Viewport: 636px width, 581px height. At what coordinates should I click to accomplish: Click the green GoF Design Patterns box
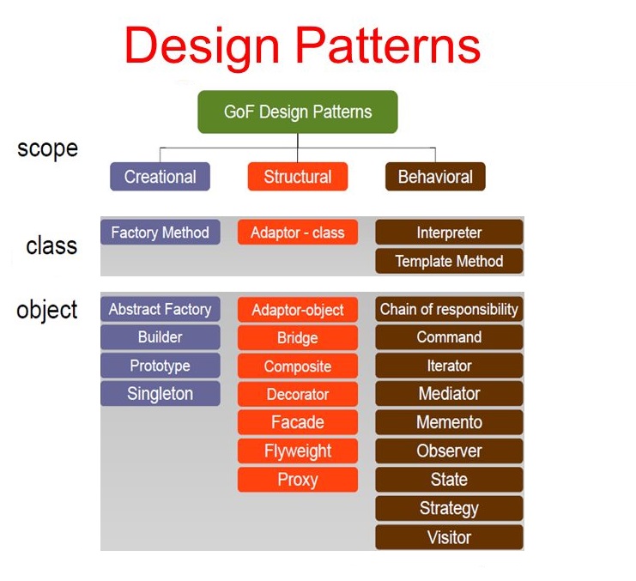pyautogui.click(x=298, y=112)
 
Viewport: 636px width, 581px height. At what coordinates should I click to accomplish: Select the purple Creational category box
pyautogui.click(x=160, y=177)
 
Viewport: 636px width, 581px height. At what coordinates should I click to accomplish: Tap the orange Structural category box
pyautogui.click(x=298, y=177)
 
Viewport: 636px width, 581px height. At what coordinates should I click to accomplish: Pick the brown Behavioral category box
pyautogui.click(x=435, y=177)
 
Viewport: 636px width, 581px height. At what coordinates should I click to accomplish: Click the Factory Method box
pyautogui.click(x=160, y=233)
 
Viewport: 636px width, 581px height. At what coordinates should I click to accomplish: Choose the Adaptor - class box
pyautogui.click(x=298, y=233)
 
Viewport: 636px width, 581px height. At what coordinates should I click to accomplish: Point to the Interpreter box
pyautogui.click(x=449, y=233)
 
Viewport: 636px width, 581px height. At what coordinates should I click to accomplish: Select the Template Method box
pyautogui.click(x=449, y=261)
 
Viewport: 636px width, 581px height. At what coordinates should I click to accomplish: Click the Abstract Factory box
pyautogui.click(x=160, y=309)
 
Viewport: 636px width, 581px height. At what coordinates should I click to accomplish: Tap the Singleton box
pyautogui.click(x=160, y=394)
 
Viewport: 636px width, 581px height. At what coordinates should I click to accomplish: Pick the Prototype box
pyautogui.click(x=160, y=366)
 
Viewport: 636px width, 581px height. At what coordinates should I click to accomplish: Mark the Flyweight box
pyautogui.click(x=298, y=451)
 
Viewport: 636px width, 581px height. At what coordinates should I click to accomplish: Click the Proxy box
pyautogui.click(x=298, y=480)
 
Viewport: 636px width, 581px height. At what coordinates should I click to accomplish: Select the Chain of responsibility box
pyautogui.click(x=449, y=309)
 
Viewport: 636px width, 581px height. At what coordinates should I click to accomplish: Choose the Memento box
pyautogui.click(x=449, y=422)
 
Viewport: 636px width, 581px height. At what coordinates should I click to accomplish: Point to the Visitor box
pyautogui.click(x=449, y=537)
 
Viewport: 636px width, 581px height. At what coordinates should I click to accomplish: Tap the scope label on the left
pyautogui.click(x=47, y=148)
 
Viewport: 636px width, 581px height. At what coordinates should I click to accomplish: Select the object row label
pyautogui.click(x=47, y=310)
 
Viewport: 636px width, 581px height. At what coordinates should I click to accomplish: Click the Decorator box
pyautogui.click(x=298, y=394)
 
